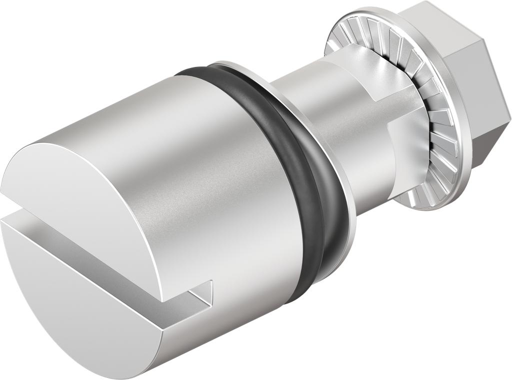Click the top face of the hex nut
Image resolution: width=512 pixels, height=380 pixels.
[450, 20]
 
